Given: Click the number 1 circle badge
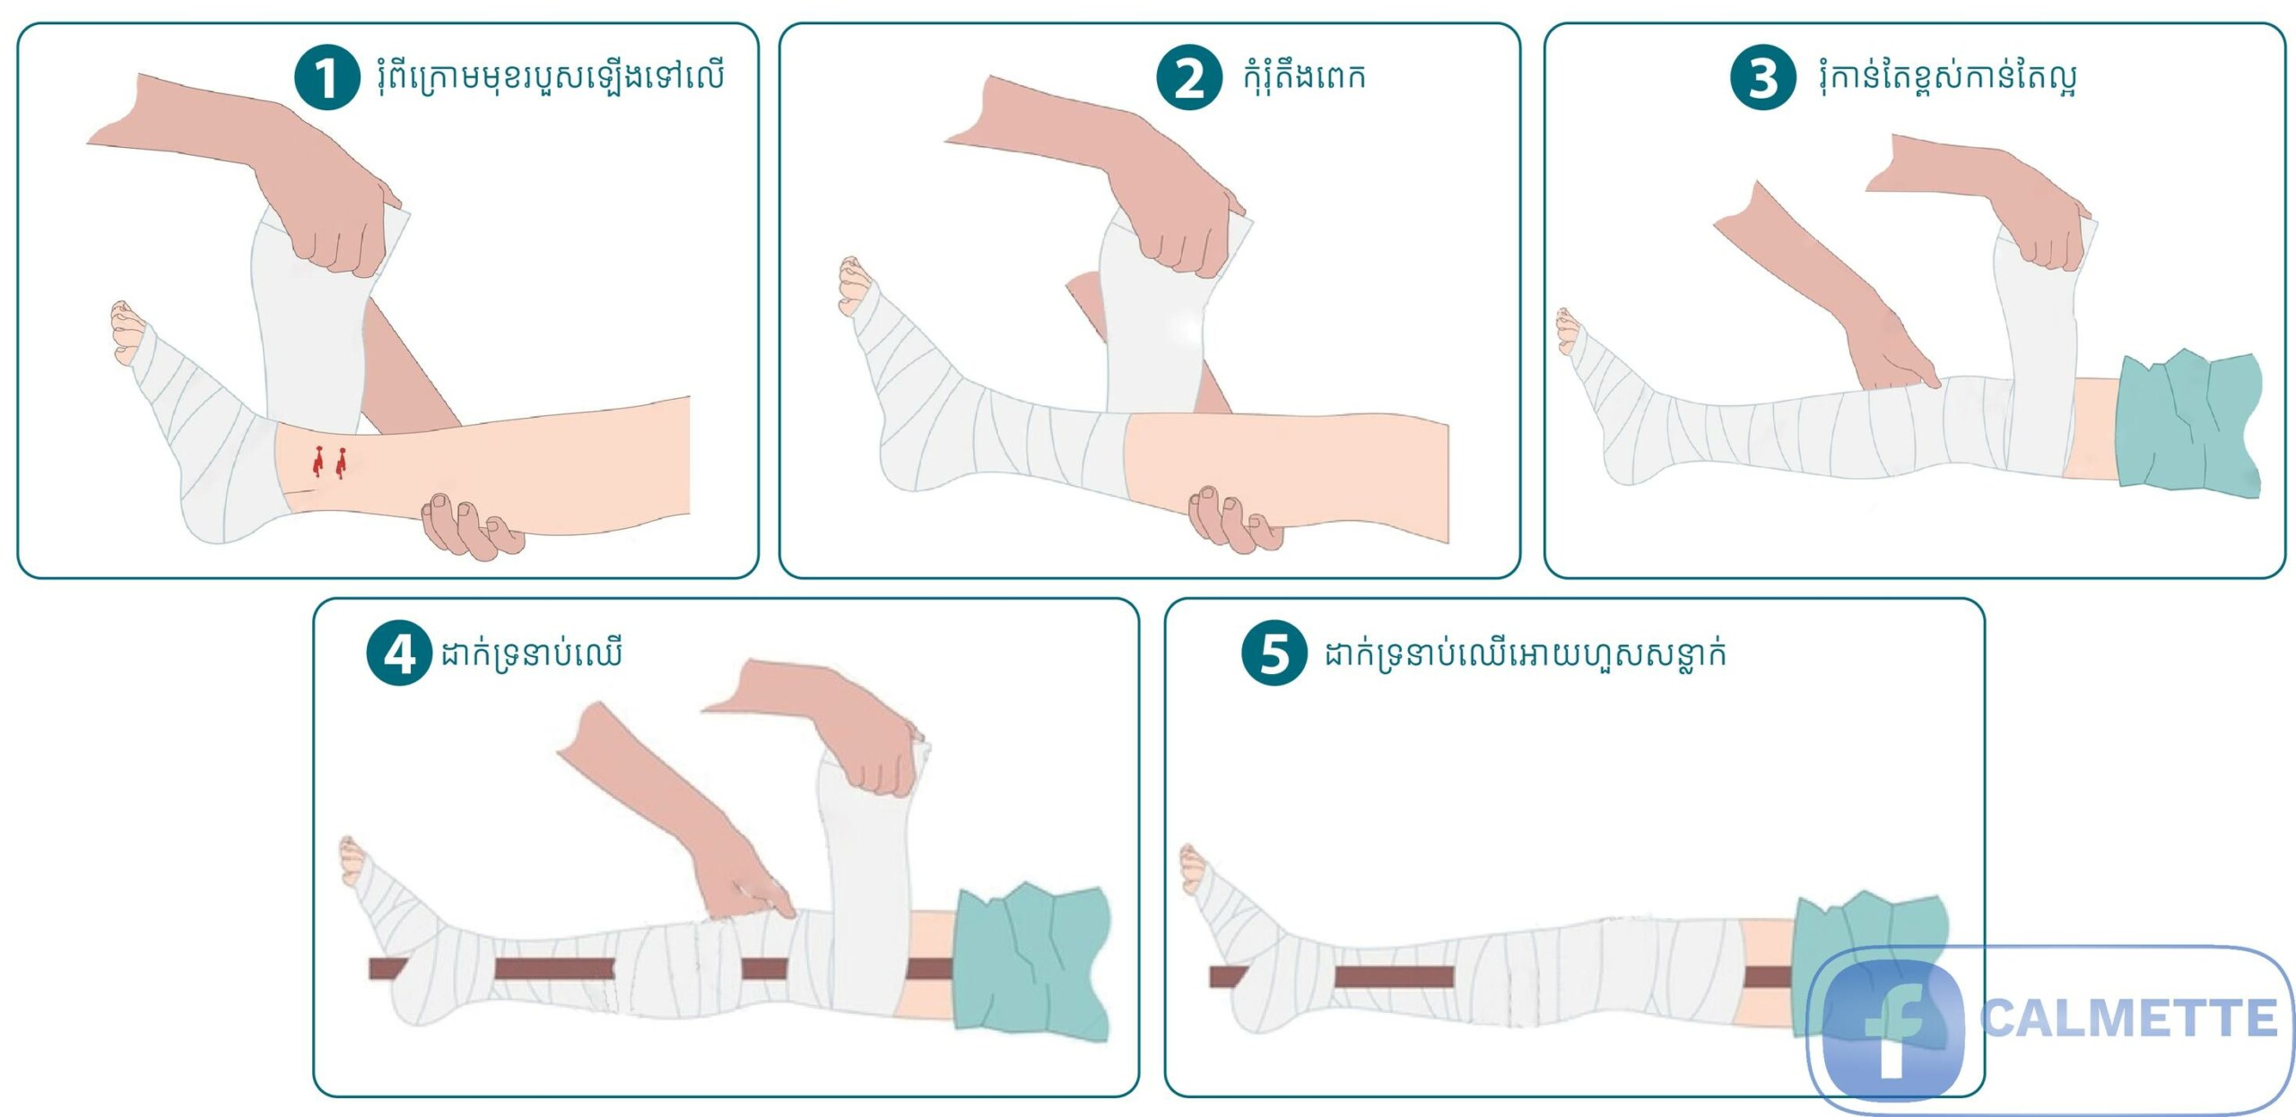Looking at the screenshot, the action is [x=327, y=78].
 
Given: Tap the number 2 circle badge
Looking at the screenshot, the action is [x=1189, y=78].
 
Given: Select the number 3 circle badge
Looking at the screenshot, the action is [x=1763, y=78].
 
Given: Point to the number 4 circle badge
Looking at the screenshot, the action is [x=400, y=654].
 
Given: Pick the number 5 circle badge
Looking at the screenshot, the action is [x=1274, y=654].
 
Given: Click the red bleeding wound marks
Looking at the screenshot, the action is [x=328, y=462].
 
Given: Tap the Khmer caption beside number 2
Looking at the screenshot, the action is [x=1304, y=76].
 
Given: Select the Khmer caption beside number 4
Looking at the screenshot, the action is [x=531, y=654].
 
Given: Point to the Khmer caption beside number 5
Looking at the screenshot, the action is [x=1526, y=654].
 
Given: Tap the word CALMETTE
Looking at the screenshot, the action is [x=2128, y=1018].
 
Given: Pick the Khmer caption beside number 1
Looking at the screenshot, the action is [x=551, y=76].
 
